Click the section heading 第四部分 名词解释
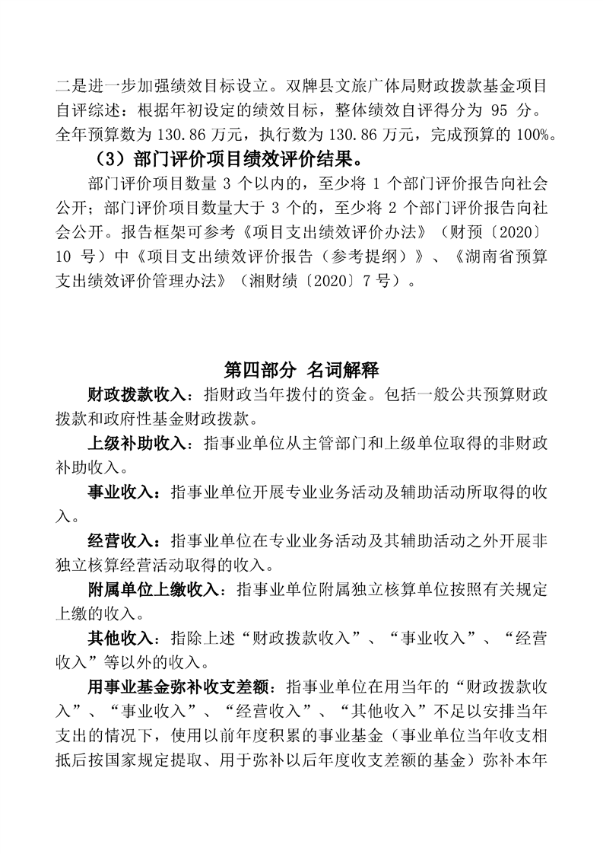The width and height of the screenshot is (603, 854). [x=302, y=371]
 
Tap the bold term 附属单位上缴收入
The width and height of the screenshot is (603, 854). [x=153, y=589]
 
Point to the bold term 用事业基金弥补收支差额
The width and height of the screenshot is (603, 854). [x=177, y=687]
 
